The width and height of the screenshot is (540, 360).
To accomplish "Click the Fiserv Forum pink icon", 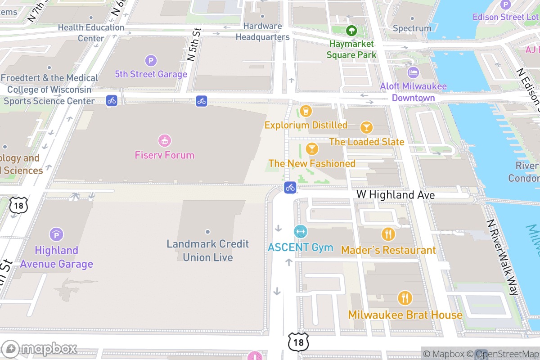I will click(x=165, y=141).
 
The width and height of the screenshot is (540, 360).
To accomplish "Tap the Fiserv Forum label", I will click(x=165, y=155).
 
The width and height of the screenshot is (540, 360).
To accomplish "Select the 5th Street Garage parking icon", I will click(x=151, y=60).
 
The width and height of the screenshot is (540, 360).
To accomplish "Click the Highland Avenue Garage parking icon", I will click(x=56, y=234).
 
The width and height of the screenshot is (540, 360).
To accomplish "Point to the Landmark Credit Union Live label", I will click(x=207, y=251).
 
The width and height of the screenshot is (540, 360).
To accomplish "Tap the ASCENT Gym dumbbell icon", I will click(x=300, y=232).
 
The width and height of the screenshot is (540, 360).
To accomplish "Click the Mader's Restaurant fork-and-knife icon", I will click(x=388, y=234).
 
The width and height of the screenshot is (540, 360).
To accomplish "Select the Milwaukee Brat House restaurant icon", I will click(x=405, y=298).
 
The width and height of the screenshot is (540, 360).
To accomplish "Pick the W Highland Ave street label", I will click(x=396, y=195).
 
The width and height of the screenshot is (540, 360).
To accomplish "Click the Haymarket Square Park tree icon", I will click(x=351, y=31).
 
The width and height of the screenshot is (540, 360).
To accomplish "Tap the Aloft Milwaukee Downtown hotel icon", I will click(x=413, y=72).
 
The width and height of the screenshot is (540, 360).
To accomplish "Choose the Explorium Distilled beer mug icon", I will click(x=306, y=111).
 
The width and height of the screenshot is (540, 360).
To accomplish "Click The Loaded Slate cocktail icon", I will click(x=367, y=128).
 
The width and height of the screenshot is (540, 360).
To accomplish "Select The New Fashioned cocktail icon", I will click(x=311, y=149).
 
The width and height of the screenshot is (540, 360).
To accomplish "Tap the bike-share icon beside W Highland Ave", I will click(x=290, y=187).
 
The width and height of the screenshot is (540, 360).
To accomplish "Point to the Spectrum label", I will click(x=412, y=28).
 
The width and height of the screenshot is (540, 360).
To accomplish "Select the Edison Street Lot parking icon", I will click(x=506, y=4).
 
